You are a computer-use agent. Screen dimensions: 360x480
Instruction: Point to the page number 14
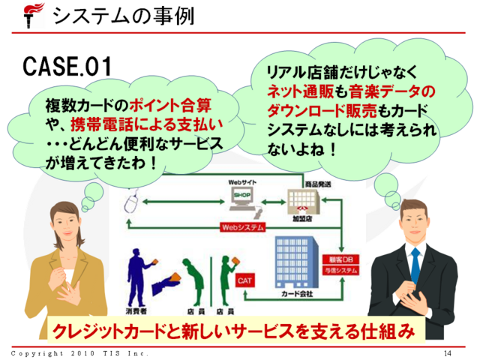448,352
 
